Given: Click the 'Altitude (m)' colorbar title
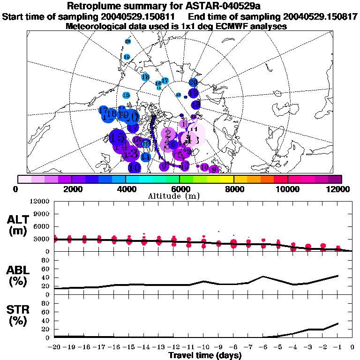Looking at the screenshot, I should [180, 195].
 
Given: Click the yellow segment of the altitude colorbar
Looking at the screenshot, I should [227, 179].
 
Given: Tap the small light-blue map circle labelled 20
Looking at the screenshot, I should [127, 41].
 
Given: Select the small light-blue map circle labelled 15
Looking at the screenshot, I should [126, 95].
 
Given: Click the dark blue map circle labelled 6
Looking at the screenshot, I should [173, 144].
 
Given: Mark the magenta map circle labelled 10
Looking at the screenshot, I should [204, 167].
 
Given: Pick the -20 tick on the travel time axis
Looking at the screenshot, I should [54, 347].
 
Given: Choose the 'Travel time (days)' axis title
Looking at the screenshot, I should [205, 355].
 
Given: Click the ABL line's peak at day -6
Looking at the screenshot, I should [263, 276].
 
